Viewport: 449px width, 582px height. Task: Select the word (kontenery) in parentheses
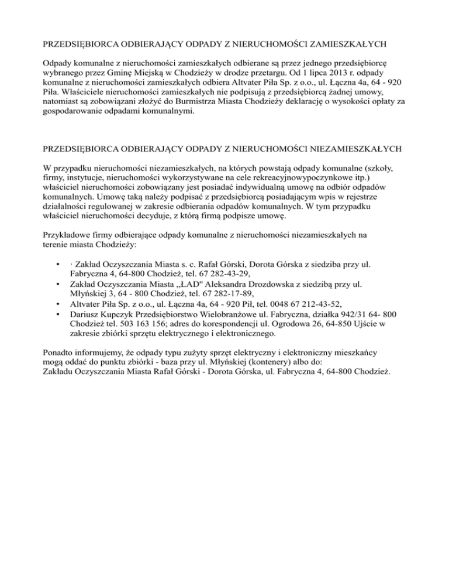[270, 362]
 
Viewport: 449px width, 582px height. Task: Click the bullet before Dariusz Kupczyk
[57, 313]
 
